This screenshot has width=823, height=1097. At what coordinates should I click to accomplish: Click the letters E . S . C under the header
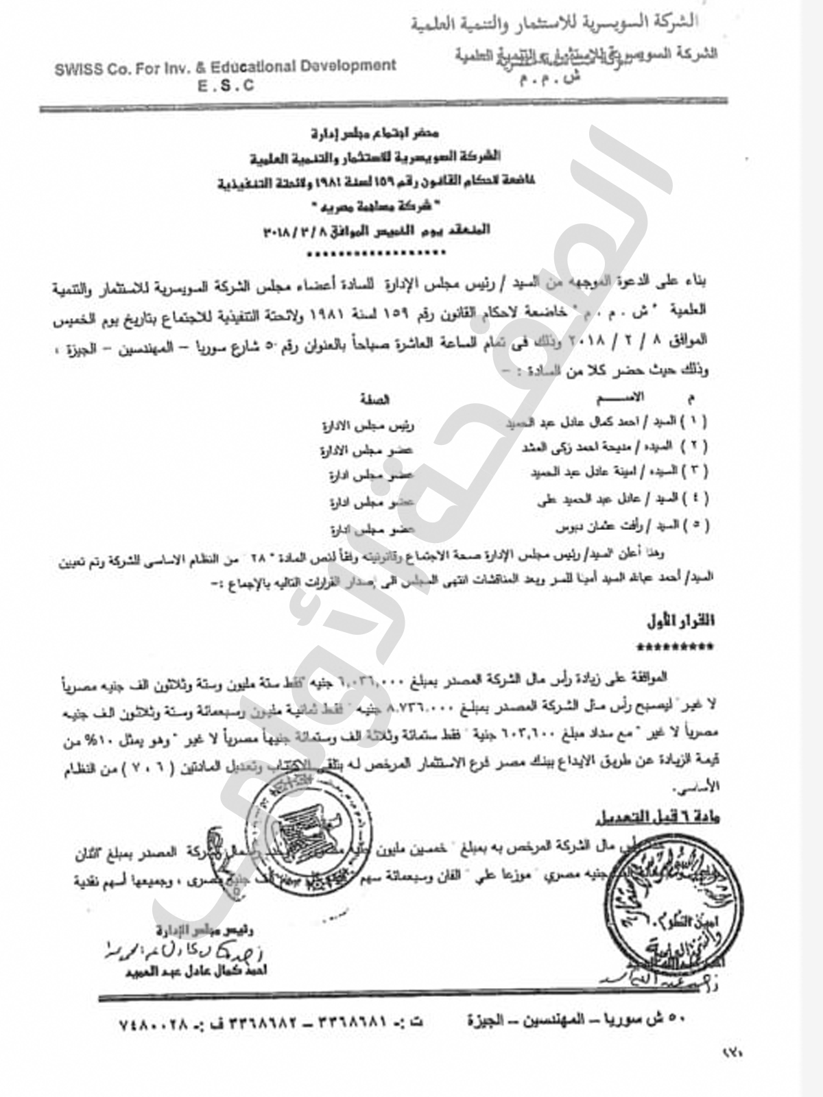226,86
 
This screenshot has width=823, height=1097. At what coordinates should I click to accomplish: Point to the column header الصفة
374,399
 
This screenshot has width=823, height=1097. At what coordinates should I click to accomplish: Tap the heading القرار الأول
680,621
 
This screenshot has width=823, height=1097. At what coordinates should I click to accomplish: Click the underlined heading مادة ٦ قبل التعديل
657,817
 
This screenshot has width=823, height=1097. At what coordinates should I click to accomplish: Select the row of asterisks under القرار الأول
675,647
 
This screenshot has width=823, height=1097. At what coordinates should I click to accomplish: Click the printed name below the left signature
196,970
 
